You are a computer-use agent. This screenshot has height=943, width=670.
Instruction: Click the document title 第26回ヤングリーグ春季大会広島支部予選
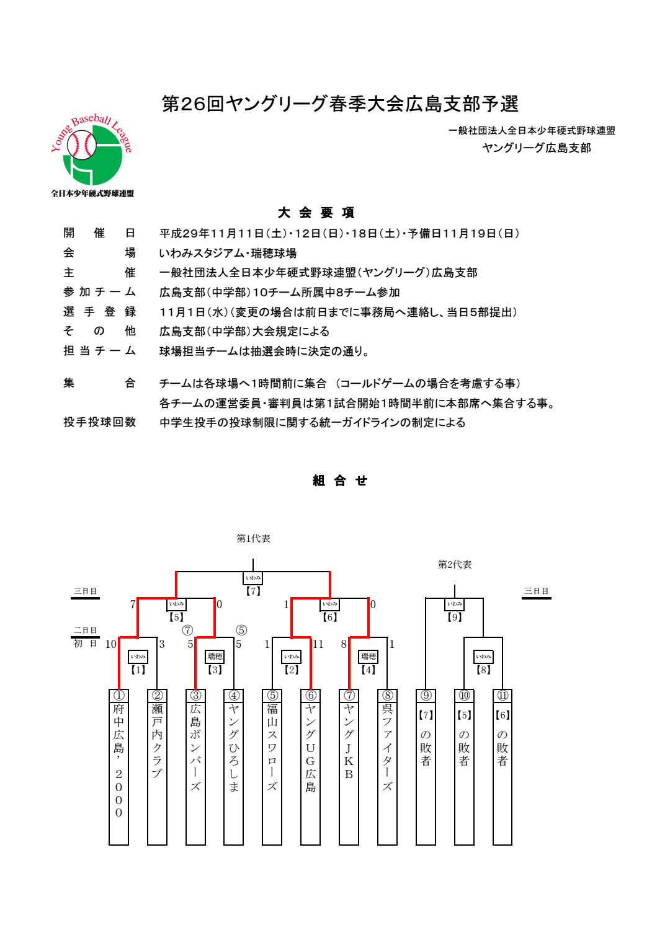coord(340,104)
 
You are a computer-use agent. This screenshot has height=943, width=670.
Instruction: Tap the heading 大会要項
coord(316,213)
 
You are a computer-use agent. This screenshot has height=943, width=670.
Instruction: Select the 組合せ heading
coord(340,480)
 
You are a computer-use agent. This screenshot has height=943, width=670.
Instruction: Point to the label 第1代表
coord(253,538)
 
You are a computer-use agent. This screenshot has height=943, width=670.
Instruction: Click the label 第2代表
coord(455,564)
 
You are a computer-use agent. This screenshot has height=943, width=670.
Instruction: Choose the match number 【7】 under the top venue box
coord(253,591)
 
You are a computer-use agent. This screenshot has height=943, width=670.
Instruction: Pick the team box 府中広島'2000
coord(118,767)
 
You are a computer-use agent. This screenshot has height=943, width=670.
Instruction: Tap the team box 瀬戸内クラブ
coord(157,767)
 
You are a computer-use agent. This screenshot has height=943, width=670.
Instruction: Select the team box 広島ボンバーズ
coord(195,767)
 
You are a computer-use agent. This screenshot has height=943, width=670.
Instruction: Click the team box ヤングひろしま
coord(234,767)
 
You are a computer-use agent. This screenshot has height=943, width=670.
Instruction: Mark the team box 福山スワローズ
coord(272,767)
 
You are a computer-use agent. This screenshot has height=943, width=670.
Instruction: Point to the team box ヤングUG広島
coord(310,767)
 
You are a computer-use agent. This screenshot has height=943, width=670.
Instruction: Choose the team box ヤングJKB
coord(349,767)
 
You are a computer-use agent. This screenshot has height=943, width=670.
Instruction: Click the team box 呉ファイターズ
coord(387,767)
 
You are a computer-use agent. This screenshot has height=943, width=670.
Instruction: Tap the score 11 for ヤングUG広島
coord(318,644)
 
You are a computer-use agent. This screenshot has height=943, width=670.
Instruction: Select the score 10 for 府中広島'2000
coord(111,644)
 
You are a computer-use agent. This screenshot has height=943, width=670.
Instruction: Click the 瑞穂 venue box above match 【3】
coord(215,656)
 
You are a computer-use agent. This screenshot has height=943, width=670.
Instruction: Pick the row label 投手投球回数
coord(99,422)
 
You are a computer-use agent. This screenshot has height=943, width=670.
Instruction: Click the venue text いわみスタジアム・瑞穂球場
coord(228,253)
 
